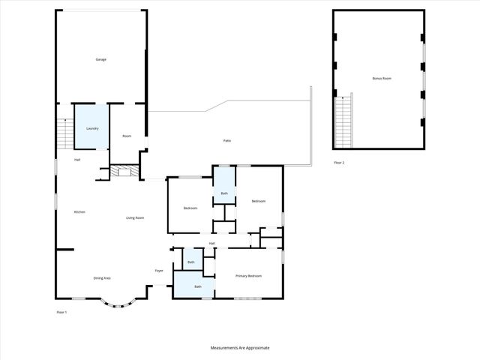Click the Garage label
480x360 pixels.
[x=100, y=59]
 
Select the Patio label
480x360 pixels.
[x=226, y=141]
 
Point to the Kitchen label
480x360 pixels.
[x=79, y=212]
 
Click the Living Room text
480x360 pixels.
[x=135, y=217]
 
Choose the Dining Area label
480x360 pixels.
[x=102, y=278]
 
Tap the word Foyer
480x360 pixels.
[x=159, y=271]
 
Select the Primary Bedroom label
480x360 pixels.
[x=249, y=276]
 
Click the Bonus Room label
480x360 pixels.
[x=382, y=78]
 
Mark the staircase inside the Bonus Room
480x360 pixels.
[x=343, y=123]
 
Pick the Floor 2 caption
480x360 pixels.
[x=340, y=163]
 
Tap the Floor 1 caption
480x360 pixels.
[x=61, y=312]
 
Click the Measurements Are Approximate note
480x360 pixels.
[x=240, y=348]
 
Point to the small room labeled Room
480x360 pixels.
[x=127, y=136]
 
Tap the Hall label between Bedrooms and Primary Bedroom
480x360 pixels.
[x=212, y=244]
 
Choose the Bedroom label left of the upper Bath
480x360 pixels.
[x=190, y=208]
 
